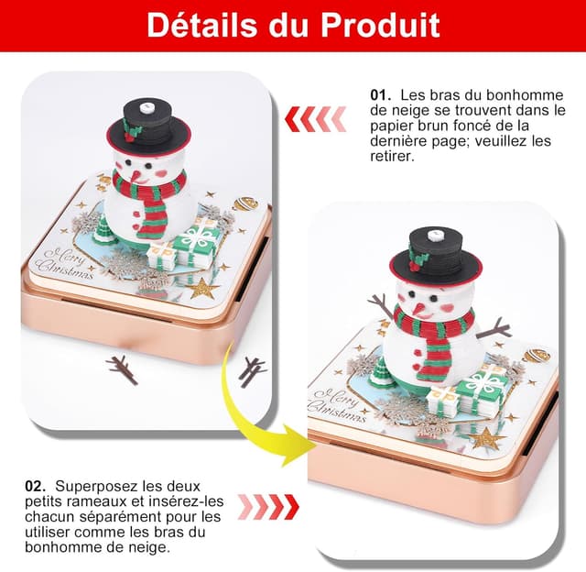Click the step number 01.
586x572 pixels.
380,94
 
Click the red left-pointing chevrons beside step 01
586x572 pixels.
315,117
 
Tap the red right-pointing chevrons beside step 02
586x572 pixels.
268,505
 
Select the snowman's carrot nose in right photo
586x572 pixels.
419,303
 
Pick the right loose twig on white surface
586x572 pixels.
251,369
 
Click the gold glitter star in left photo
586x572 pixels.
202,289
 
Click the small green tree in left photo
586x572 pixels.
103,229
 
